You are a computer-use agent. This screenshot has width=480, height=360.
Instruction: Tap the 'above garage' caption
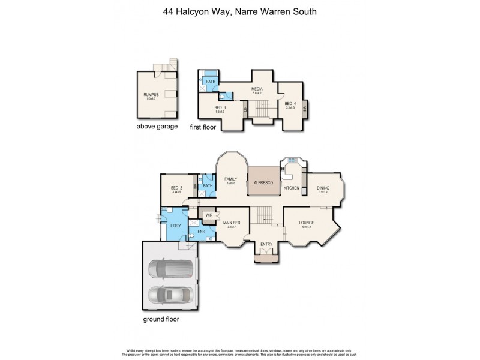[157, 127]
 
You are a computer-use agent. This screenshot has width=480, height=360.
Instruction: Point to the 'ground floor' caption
[161, 319]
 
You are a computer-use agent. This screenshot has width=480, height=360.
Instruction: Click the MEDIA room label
[257, 89]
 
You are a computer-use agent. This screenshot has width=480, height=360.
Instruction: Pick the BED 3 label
[220, 108]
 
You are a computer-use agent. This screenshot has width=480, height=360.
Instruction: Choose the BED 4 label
[290, 103]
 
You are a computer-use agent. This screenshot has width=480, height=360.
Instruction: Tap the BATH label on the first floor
[211, 82]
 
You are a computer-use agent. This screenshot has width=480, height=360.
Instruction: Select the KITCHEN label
[292, 188]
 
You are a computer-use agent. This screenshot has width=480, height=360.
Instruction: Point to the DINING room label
[323, 188]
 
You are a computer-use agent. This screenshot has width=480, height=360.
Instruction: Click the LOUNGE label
[307, 223]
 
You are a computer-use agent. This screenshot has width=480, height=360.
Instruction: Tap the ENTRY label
[266, 244]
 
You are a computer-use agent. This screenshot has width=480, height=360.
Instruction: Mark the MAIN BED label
[231, 223]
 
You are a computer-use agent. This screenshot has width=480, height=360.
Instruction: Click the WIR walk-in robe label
[209, 214]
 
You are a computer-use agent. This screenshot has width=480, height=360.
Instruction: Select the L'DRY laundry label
[176, 226]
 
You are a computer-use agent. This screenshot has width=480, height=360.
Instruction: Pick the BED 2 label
[176, 188]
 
